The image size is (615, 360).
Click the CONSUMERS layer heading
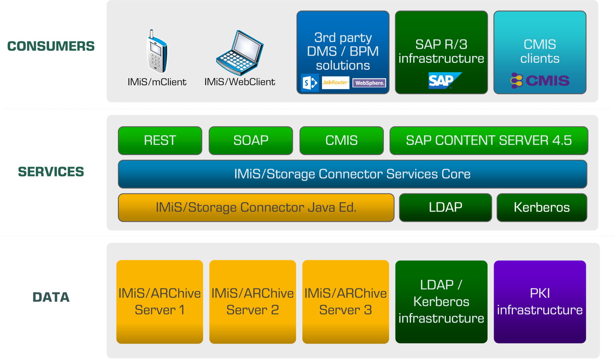(x=51, y=46)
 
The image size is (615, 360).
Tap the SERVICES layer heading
(x=51, y=172)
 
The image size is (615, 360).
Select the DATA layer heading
(x=51, y=297)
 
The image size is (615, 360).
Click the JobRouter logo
(x=336, y=83)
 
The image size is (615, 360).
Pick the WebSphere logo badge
(x=369, y=83)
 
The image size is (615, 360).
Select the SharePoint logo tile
(x=309, y=83)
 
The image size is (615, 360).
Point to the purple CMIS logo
(x=540, y=81)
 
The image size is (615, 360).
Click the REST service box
(x=160, y=140)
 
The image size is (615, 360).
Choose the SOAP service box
(x=250, y=140)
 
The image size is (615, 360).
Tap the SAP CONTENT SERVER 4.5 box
(x=488, y=140)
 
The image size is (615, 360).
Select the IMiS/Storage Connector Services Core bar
(x=352, y=174)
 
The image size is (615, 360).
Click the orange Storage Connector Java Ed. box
(x=256, y=208)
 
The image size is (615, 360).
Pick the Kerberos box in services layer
(x=542, y=208)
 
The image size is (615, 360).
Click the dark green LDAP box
(x=445, y=208)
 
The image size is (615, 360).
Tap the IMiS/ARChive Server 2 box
(x=253, y=301)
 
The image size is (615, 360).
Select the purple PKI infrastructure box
(x=540, y=301)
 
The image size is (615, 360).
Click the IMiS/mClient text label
(x=157, y=82)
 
